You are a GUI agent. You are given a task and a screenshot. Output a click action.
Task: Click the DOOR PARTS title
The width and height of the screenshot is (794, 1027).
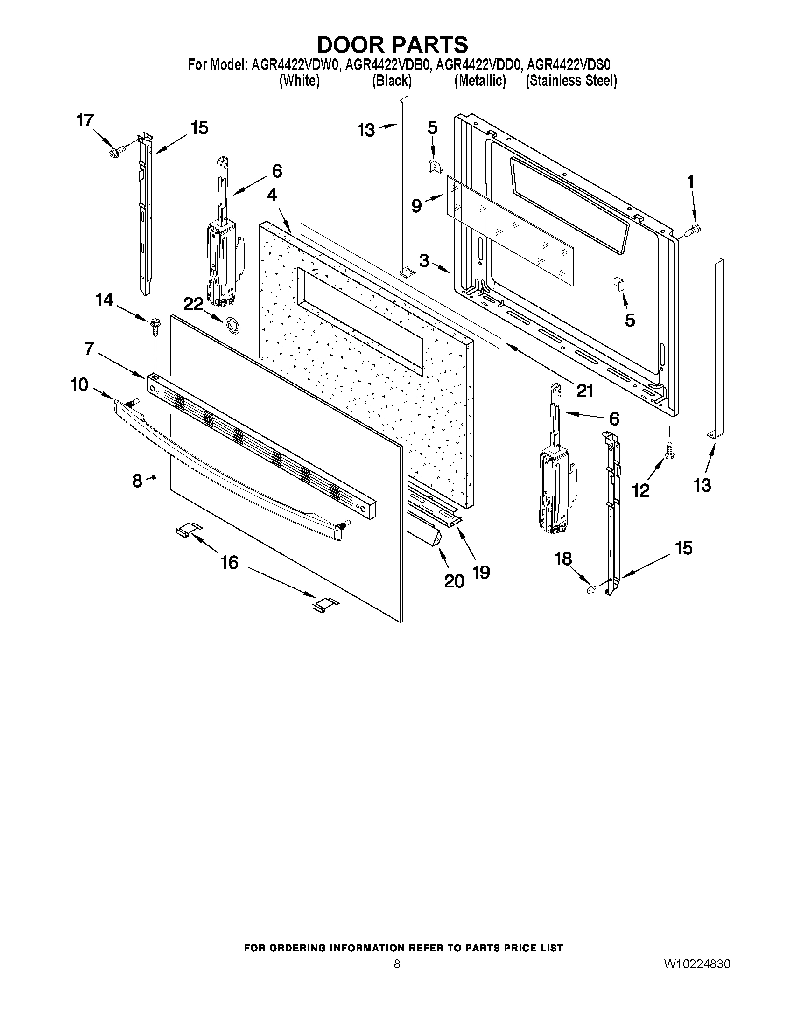(x=392, y=45)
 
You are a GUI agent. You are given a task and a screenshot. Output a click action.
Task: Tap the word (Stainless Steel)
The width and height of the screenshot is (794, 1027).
(x=571, y=81)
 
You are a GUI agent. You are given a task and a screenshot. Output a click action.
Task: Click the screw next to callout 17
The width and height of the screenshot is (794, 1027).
(x=116, y=152)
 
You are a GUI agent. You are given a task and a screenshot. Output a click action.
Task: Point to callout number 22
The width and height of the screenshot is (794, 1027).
(x=193, y=305)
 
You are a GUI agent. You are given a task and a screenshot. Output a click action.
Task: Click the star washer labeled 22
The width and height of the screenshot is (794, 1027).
(x=232, y=325)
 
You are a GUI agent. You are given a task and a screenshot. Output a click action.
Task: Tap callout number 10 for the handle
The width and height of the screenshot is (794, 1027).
(x=79, y=384)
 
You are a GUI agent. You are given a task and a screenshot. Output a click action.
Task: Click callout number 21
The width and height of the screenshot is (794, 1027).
(x=584, y=391)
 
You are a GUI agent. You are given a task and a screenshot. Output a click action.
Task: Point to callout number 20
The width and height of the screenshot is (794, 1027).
(x=454, y=581)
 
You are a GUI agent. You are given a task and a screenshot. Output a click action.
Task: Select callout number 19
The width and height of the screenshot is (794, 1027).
(x=481, y=572)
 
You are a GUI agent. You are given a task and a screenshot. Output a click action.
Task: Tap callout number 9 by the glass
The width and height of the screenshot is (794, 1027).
(x=417, y=205)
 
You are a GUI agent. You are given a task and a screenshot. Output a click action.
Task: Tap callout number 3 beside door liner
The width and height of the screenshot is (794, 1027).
(x=424, y=260)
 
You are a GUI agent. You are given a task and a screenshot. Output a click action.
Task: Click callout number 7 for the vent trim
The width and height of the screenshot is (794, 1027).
(x=89, y=349)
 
